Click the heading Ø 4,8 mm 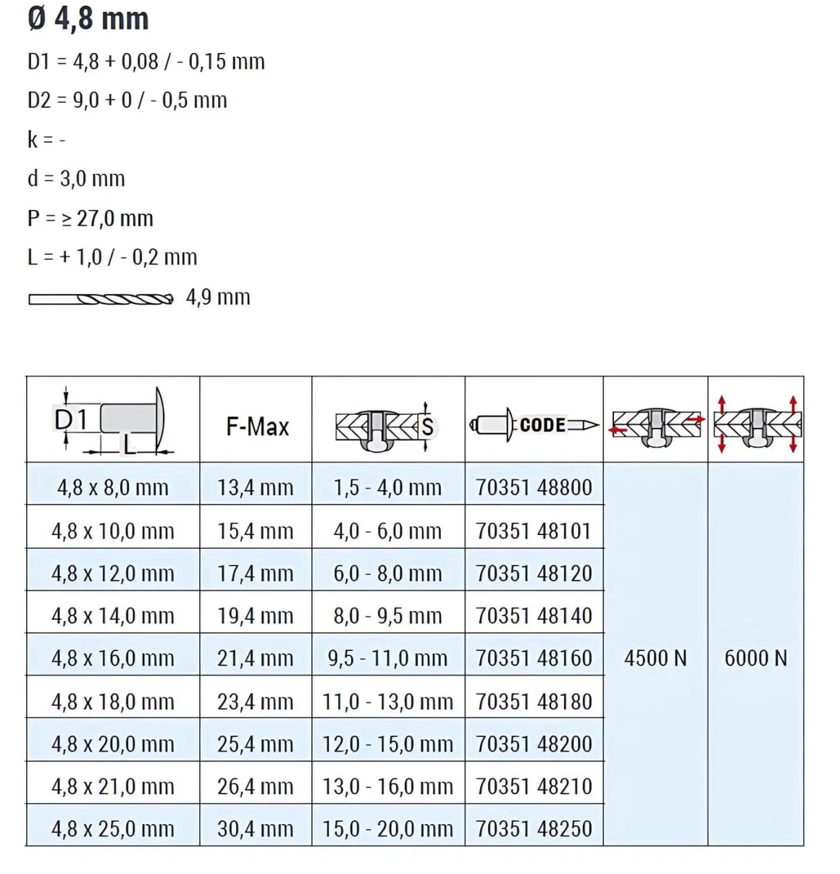click(x=88, y=18)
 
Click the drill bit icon click(x=101, y=298)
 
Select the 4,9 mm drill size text click(x=218, y=297)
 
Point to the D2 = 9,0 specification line click(x=127, y=100)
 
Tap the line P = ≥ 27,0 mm click(x=91, y=218)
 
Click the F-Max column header click(x=257, y=427)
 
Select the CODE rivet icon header click(x=534, y=425)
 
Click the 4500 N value click(x=655, y=658)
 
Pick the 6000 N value click(x=755, y=658)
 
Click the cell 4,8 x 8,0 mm click(x=113, y=487)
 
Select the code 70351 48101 click(x=534, y=531)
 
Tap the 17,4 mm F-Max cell click(x=256, y=573)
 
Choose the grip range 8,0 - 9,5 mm click(x=387, y=616)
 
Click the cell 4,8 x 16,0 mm click(x=113, y=658)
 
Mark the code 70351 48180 click(x=534, y=701)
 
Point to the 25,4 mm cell click(x=256, y=744)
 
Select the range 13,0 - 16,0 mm click(x=387, y=786)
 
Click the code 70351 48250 click(x=534, y=828)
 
